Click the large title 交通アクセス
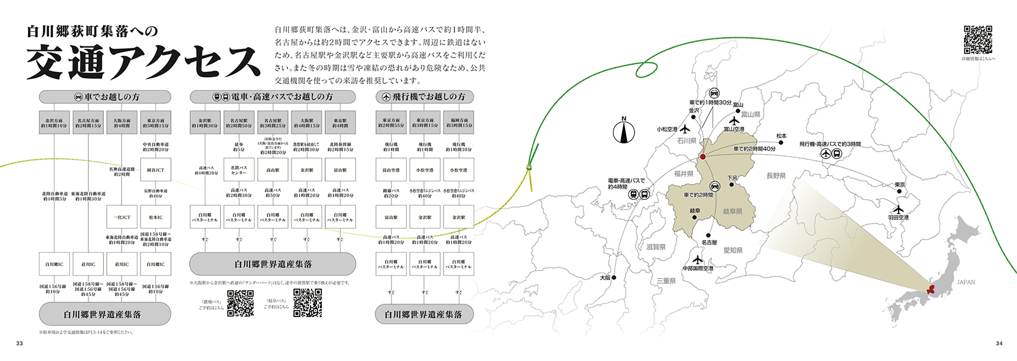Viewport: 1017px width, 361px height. coord(143,62)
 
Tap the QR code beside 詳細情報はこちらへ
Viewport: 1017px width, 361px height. coord(978,39)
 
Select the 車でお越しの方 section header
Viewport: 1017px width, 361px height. coord(105,97)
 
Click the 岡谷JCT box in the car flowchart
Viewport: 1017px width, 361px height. coord(155,170)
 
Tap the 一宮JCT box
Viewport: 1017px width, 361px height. coord(122,217)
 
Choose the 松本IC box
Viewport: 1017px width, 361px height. coord(155,217)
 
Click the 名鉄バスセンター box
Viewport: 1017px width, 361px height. coord(239,170)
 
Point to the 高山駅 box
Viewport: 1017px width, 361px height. coord(272,170)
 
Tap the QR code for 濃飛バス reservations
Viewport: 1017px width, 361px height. coord(241,304)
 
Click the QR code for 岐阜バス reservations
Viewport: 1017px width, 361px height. coord(307,304)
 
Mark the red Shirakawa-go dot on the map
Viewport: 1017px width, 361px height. coord(703,156)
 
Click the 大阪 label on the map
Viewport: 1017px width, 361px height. coord(605,278)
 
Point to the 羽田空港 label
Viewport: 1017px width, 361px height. coord(898,218)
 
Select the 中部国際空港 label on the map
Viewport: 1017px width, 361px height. coord(698,269)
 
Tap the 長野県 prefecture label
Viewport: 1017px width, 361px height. coord(776,176)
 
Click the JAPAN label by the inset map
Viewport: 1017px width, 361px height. coord(965,282)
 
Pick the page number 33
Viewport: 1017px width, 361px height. coord(19,344)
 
